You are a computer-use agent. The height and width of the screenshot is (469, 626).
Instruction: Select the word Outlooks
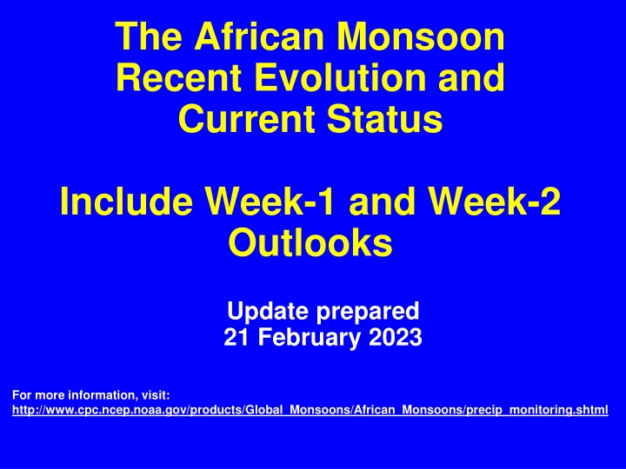[x=310, y=244]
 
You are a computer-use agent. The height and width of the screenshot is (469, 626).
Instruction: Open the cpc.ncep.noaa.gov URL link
[x=311, y=408]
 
